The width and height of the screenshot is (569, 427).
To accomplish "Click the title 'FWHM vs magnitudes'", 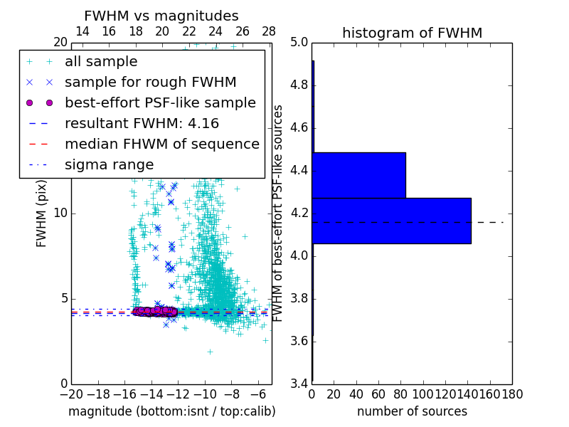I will (x=161, y=16).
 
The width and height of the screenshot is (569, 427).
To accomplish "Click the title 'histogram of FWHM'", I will (x=412, y=33).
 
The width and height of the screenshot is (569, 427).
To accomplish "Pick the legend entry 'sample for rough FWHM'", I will (x=150, y=83).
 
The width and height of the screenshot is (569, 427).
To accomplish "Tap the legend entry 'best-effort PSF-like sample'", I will (x=160, y=103).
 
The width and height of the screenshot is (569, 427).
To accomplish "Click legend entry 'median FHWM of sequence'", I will (x=161, y=144).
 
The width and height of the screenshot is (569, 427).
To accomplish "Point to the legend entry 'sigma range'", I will (x=109, y=165).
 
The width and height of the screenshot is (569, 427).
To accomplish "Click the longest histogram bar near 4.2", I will (x=391, y=221).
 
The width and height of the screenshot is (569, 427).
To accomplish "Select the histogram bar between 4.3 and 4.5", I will (x=358, y=175).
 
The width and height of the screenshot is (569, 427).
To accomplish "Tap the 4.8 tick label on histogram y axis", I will (x=299, y=85).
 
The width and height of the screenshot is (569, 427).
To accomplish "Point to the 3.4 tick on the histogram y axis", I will (x=299, y=384).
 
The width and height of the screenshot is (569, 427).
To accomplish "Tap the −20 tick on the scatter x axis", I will (x=71, y=394).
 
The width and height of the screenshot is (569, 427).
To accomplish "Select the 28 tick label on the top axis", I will (x=269, y=31).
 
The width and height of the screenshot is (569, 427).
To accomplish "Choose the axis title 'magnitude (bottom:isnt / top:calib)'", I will (x=171, y=411).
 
